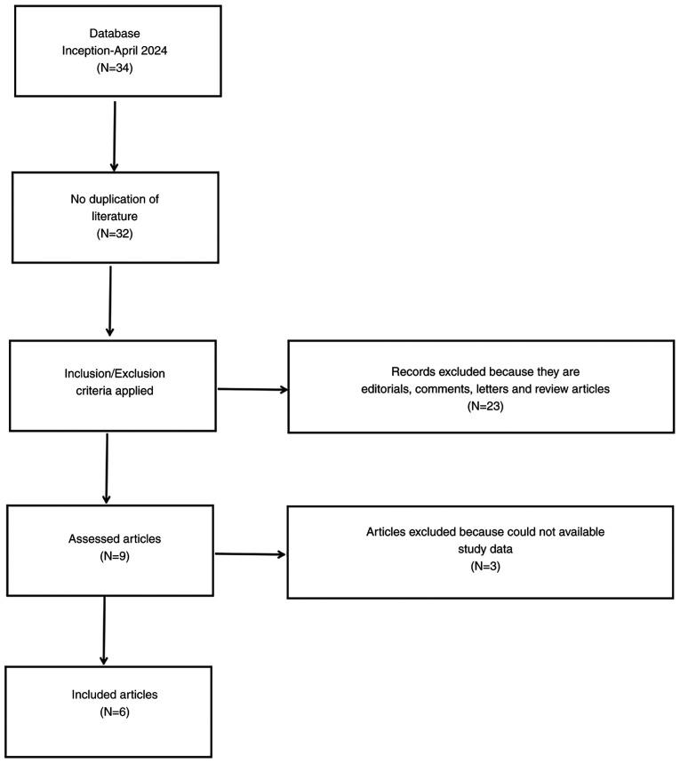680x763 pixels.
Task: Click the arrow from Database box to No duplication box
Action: coord(115,135)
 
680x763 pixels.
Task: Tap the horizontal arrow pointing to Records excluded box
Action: coord(252,388)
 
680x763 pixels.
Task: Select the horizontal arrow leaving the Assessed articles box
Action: coord(251,554)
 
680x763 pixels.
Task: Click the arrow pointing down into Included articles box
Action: coord(105,630)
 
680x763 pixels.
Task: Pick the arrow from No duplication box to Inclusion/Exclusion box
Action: coord(108,302)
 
